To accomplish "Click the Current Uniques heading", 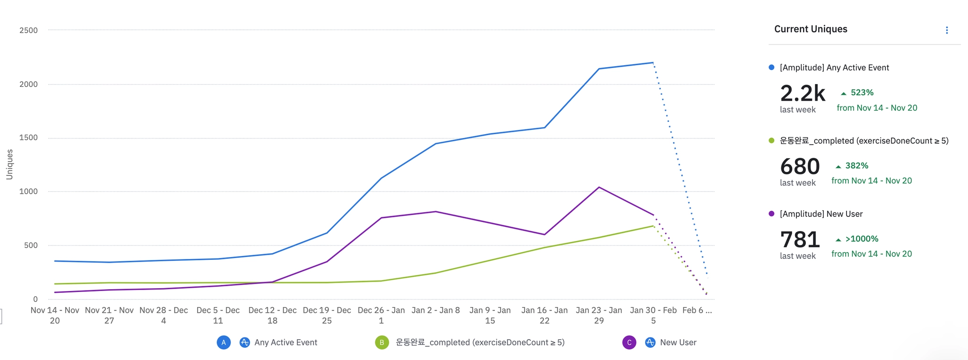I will click(x=810, y=29).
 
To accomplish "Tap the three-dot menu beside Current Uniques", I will click(x=946, y=30).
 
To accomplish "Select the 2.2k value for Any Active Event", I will click(x=802, y=94).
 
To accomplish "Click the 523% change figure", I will click(x=862, y=93).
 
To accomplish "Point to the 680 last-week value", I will click(x=800, y=167).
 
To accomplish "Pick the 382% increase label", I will click(x=856, y=166).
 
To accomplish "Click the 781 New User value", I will click(x=800, y=240).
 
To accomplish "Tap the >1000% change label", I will click(x=861, y=239).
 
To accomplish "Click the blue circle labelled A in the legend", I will click(x=224, y=343).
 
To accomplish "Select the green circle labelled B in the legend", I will click(x=381, y=343).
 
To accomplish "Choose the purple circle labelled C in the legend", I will click(x=629, y=343).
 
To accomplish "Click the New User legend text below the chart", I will click(x=678, y=343).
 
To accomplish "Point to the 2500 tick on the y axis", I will click(x=28, y=31).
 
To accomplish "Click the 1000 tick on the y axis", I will click(x=28, y=192).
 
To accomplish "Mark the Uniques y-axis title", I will click(x=9, y=164).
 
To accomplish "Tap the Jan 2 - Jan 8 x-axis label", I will click(x=435, y=310).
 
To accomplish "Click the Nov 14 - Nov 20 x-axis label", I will click(x=55, y=315).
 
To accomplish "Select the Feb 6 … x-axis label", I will click(x=697, y=310).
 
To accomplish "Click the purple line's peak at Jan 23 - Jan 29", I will click(x=599, y=188).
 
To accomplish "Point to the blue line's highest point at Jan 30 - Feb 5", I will click(x=653, y=63).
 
